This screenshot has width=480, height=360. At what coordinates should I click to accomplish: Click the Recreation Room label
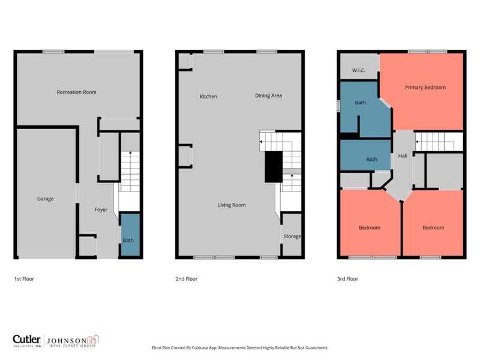pyautogui.click(x=76, y=92)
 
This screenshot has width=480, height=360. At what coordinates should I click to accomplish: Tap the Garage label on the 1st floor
pyautogui.click(x=45, y=199)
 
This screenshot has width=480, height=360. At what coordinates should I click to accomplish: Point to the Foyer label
pyautogui.click(x=101, y=209)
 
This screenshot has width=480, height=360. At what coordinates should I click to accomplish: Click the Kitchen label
pyautogui.click(x=208, y=97)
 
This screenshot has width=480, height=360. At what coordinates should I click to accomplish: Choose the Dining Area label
pyautogui.click(x=268, y=95)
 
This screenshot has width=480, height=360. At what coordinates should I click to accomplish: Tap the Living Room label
pyautogui.click(x=231, y=205)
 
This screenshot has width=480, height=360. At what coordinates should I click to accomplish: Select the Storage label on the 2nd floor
pyautogui.click(x=292, y=236)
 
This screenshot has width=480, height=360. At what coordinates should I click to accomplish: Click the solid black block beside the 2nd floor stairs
pyautogui.click(x=274, y=166)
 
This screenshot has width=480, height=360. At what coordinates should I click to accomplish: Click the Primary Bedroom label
pyautogui.click(x=425, y=88)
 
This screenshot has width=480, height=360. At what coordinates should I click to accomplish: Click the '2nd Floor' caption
pyautogui.click(x=187, y=279)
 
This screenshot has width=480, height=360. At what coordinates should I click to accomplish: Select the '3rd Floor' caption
pyautogui.click(x=349, y=279)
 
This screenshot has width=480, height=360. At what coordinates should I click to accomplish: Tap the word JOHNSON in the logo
pyautogui.click(x=68, y=338)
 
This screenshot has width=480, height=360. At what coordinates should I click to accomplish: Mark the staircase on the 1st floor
pyautogui.click(x=130, y=171)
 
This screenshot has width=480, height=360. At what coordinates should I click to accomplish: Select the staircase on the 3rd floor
pyautogui.click(x=439, y=142)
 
